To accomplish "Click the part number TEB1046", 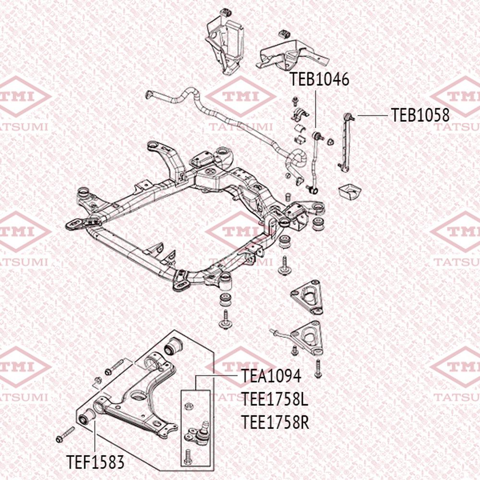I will click(319, 80).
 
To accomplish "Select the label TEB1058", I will click(420, 115).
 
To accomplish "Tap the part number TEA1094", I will click(272, 376).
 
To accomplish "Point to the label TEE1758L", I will click(274, 399).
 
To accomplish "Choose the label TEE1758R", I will click(275, 422).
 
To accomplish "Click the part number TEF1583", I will click(95, 463).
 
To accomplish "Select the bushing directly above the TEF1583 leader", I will click(88, 417).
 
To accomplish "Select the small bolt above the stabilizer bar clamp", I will click(295, 101).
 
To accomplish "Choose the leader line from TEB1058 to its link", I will click(372, 115).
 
